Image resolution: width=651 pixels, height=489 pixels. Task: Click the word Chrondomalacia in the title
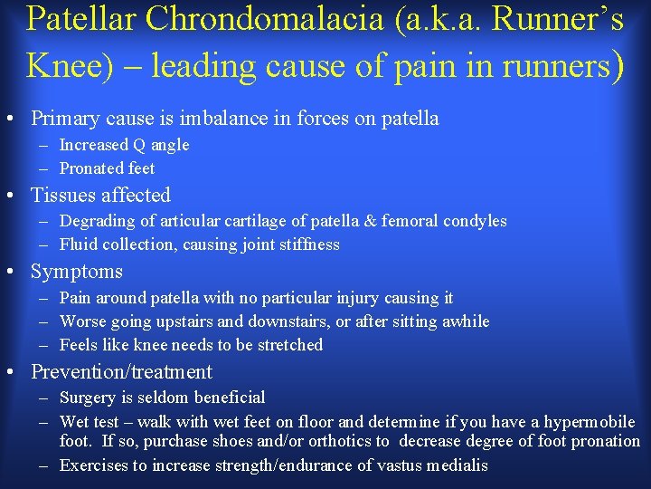(x=247, y=20)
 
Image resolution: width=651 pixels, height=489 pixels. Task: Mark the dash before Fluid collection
(x=44, y=244)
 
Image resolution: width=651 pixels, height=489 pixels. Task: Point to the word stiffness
(x=308, y=244)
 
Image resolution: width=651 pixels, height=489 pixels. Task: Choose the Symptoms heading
(x=76, y=272)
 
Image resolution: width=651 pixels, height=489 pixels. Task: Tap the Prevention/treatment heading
(x=121, y=372)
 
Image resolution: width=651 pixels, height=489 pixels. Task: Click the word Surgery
(x=88, y=398)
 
